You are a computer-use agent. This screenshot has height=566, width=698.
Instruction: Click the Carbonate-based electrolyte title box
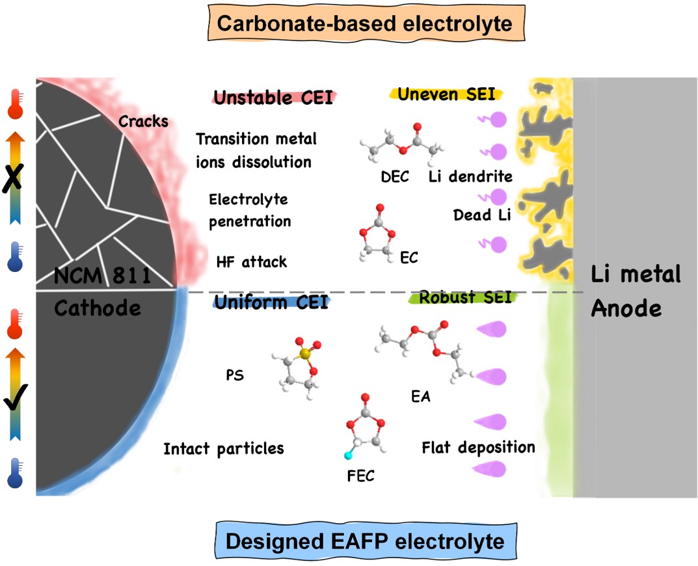[x=364, y=24]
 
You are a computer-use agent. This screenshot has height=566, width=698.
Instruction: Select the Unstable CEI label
[x=273, y=98]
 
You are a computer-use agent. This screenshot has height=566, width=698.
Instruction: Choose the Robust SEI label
[x=464, y=297]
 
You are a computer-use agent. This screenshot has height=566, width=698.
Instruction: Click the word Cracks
[x=143, y=122]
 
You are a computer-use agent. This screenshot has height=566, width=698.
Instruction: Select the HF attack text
[x=251, y=262]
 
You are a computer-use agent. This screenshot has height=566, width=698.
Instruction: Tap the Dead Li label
[x=482, y=215]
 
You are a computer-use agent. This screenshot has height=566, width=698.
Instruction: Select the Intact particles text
[x=223, y=449]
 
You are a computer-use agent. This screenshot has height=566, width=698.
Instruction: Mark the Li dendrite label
[x=470, y=176]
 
